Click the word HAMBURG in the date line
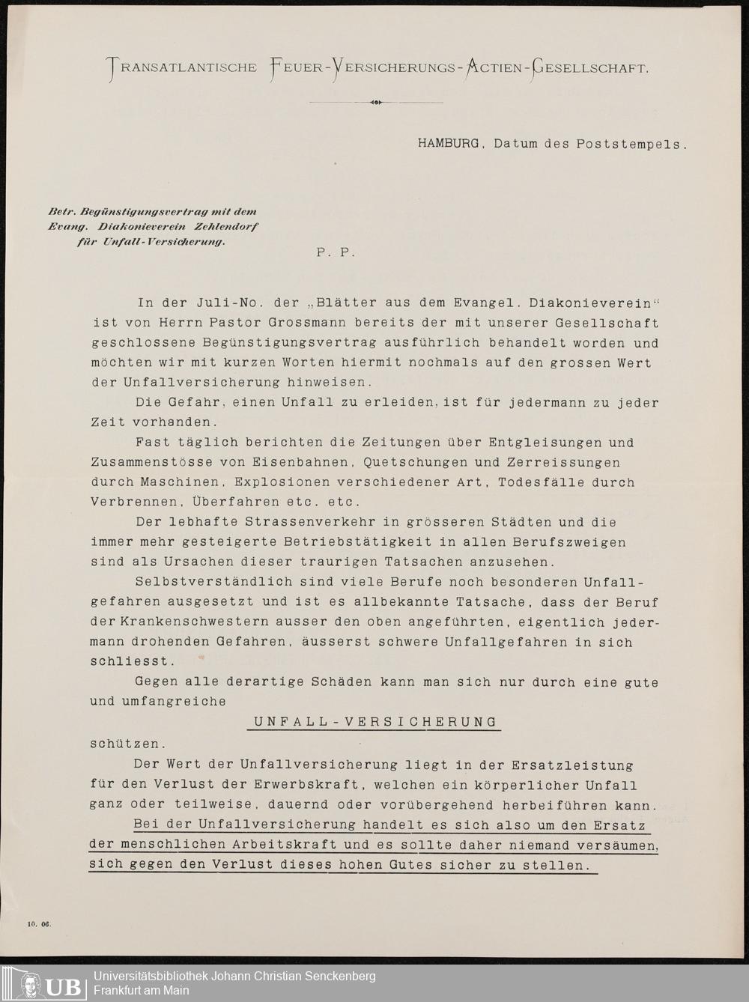click(x=448, y=143)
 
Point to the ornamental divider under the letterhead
click(x=375, y=102)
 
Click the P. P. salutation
click(x=335, y=253)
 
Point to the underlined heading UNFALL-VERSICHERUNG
click(x=375, y=723)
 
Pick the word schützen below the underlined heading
click(x=124, y=744)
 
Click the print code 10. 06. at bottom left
click(x=39, y=923)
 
